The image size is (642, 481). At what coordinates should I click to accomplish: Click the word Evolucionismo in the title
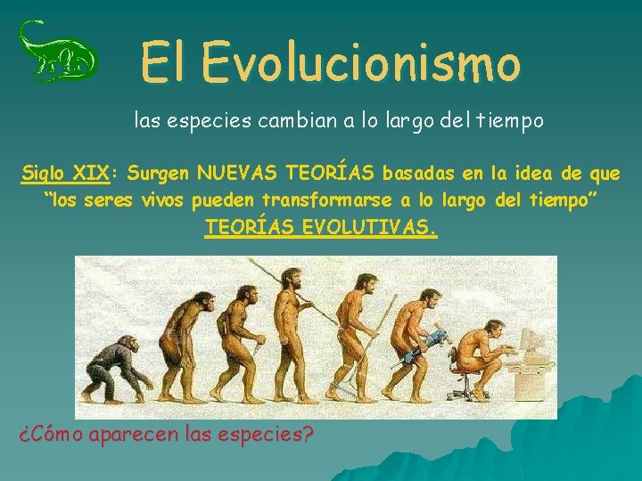(360, 62)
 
